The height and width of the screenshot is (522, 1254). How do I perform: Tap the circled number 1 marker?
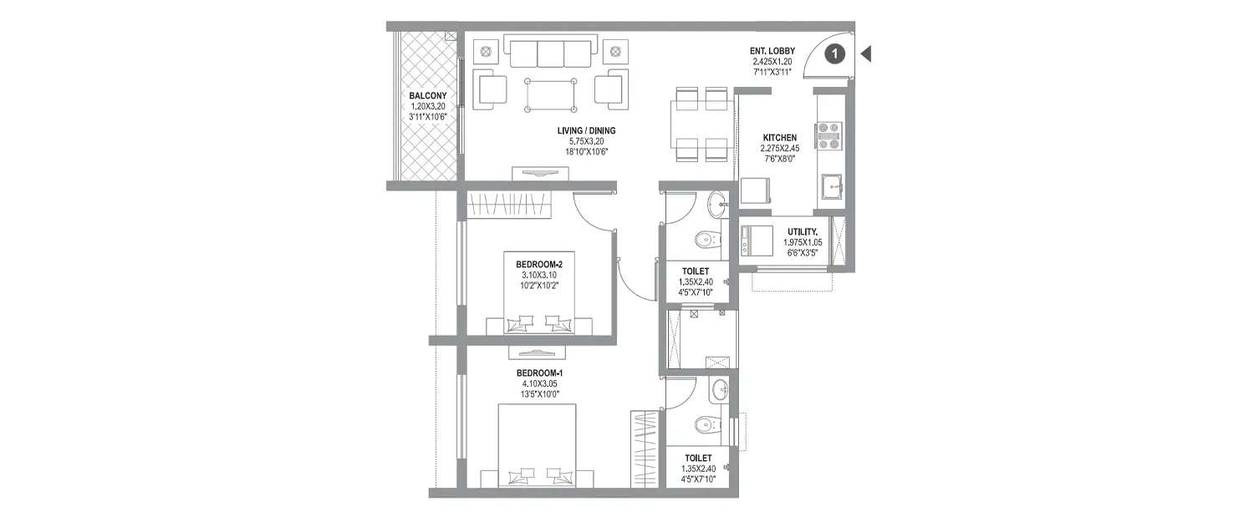pyautogui.click(x=835, y=54)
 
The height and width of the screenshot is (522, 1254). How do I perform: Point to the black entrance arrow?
pyautogui.click(x=866, y=54)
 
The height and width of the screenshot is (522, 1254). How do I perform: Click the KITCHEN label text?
pyautogui.click(x=779, y=137)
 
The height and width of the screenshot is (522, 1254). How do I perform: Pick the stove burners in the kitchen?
pyautogui.click(x=828, y=135)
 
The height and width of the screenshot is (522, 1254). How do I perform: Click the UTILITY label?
pyautogui.click(x=802, y=231)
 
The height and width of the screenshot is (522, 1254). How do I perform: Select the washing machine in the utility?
pyautogui.click(x=758, y=241)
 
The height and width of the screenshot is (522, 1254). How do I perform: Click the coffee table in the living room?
pyautogui.click(x=552, y=96)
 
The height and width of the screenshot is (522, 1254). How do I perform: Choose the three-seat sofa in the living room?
pyautogui.click(x=550, y=53)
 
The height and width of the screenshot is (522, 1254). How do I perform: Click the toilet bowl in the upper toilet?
pyautogui.click(x=706, y=239)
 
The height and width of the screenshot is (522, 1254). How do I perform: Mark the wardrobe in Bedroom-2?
pyautogui.click(x=510, y=205)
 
